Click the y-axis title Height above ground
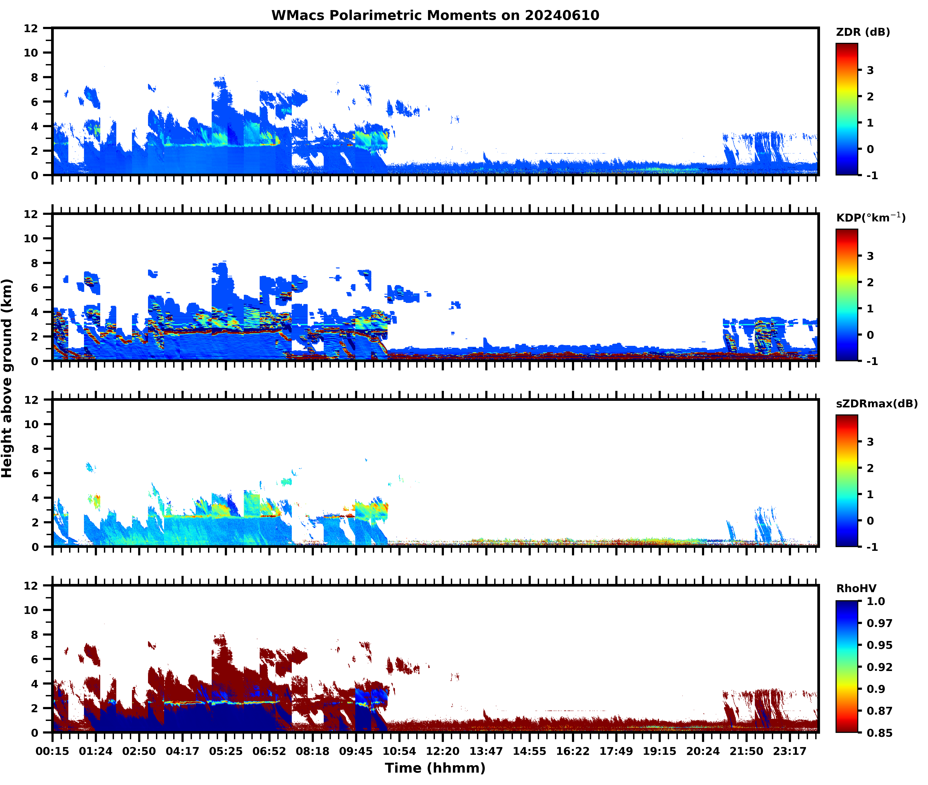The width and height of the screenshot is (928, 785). click(x=7, y=378)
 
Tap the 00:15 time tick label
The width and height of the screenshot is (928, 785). click(x=52, y=751)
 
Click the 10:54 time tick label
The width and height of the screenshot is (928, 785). click(x=399, y=751)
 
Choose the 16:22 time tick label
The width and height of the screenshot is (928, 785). click(x=573, y=751)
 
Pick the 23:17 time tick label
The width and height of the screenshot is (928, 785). click(x=790, y=751)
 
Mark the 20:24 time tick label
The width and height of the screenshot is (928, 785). click(x=703, y=751)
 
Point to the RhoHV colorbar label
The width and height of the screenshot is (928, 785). click(x=856, y=588)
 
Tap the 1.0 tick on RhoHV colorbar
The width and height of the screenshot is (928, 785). click(x=876, y=601)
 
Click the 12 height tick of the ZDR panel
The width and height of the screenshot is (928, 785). click(x=31, y=28)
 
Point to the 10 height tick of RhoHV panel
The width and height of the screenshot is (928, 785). click(x=31, y=610)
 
